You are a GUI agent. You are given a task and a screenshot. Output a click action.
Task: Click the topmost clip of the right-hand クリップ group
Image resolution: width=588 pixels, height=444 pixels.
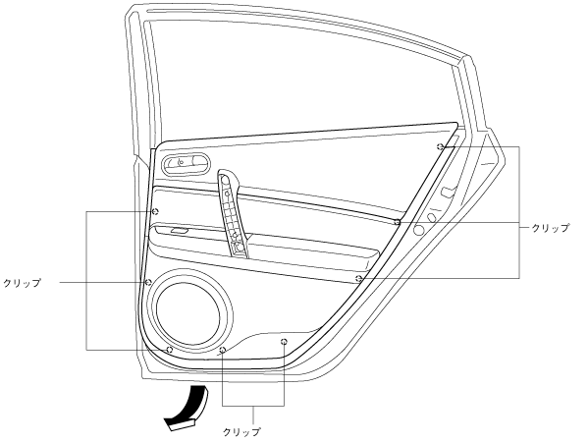pos(441,146)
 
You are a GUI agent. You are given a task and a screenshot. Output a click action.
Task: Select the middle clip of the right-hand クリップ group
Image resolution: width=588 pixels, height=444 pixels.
pos(398,222)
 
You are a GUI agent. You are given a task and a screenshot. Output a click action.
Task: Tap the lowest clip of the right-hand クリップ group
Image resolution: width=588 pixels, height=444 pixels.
pos(359,278)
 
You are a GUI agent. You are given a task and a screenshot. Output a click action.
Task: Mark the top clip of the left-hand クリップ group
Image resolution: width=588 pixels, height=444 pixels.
pos(154,211)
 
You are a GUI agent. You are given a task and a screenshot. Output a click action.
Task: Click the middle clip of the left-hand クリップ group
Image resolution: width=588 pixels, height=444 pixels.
pos(148,282)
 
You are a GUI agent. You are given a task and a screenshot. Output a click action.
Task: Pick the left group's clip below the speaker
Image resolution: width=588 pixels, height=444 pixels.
pos(169,350)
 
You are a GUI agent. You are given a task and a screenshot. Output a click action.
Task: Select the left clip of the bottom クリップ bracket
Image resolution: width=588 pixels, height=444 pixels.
pos(223,350)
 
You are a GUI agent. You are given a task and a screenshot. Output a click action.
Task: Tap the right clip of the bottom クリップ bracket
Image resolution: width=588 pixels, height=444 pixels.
pos(284,341)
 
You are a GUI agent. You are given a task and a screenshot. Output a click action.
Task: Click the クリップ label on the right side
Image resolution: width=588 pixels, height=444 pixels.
pos(551,228)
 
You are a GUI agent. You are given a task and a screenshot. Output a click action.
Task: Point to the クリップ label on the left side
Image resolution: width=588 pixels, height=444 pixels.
pos(22,282)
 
